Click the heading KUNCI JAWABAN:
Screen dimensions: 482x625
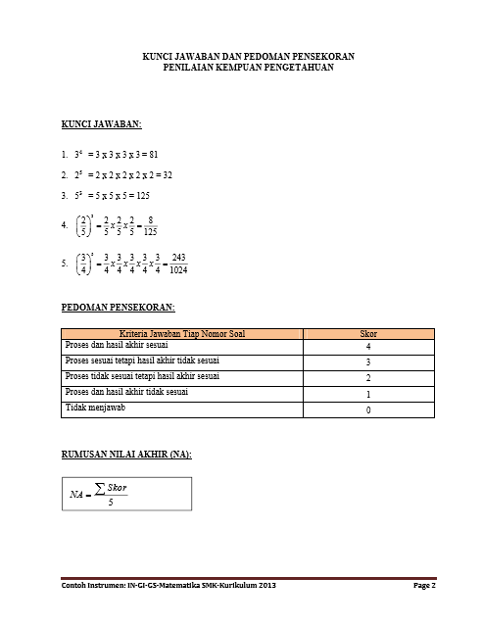[x=102, y=125]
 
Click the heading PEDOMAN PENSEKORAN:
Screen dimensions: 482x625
[x=118, y=309]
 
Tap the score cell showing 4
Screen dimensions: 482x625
[x=367, y=348]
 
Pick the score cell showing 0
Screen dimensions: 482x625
[x=367, y=410]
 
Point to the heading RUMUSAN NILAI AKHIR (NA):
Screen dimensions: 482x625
[x=126, y=455]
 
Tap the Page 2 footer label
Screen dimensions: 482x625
[x=424, y=586]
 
